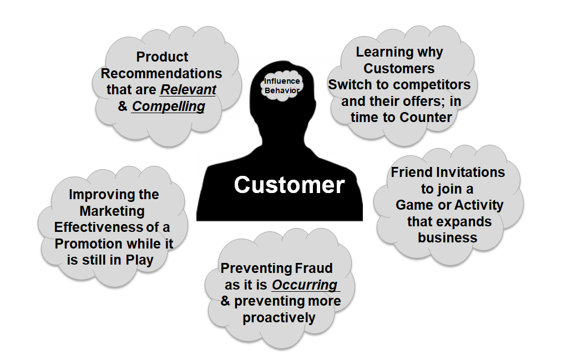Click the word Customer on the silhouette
point(289,185)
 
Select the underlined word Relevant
point(188,90)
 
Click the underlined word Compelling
point(168,107)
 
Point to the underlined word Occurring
point(304,285)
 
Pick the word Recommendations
point(161,73)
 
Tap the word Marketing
point(112,211)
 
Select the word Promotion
point(88,244)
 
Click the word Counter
point(429,118)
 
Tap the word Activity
point(479,205)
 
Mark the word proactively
point(279,318)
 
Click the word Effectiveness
point(98,227)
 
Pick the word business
point(448,237)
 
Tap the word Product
point(162,57)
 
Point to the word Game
point(416,205)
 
